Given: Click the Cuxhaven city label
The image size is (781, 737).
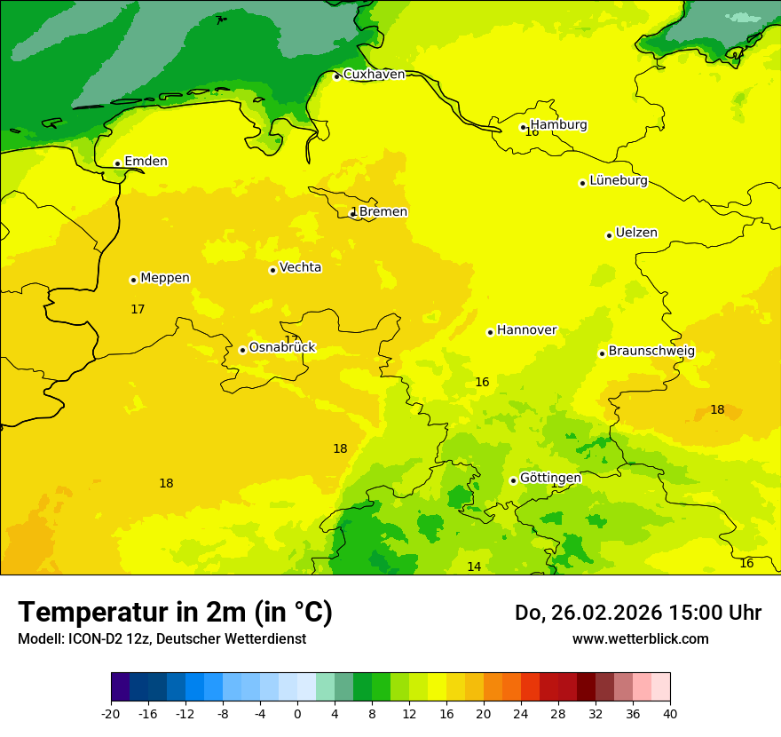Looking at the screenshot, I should (374, 75).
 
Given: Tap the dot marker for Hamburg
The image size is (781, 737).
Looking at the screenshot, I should (524, 127).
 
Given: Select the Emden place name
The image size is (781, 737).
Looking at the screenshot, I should (146, 162).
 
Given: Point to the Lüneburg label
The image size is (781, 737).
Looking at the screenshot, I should (619, 181).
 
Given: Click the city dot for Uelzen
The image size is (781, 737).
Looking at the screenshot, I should (609, 235).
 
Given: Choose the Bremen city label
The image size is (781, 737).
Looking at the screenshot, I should (383, 212).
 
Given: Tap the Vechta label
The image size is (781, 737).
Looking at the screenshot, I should (300, 267).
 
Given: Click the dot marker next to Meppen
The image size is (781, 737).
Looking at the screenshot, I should (133, 280).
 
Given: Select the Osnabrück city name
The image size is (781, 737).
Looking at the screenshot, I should (281, 348).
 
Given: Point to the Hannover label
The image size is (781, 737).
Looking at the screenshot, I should (526, 330).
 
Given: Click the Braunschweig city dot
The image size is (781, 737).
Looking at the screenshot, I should (602, 353).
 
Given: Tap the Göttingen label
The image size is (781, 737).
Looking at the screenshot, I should (550, 479).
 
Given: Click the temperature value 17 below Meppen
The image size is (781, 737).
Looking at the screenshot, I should (138, 310).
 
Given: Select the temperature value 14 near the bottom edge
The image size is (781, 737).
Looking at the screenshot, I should (474, 567).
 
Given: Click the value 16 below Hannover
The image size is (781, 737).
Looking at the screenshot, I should (482, 383).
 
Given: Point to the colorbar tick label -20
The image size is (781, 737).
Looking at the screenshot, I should (111, 713).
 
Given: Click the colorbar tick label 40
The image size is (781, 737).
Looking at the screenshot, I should (670, 713).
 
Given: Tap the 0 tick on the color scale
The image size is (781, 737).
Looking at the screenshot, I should (297, 713).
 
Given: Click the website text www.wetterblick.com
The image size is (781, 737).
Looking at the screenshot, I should (640, 639).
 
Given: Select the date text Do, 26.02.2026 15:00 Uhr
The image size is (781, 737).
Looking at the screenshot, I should (638, 613).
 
